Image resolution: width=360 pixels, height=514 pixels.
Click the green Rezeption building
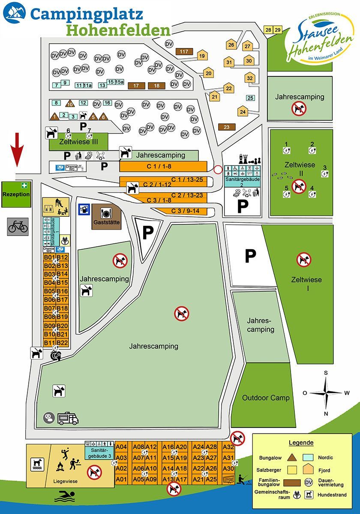[x=16, y=194]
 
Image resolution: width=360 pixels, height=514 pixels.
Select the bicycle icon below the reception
[x=18, y=226]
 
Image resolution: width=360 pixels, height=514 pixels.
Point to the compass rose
[x=325, y=392]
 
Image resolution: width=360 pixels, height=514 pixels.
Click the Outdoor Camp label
[x=266, y=397]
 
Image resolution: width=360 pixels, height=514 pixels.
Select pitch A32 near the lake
[x=228, y=447]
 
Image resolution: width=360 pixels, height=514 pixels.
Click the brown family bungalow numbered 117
[x=184, y=51]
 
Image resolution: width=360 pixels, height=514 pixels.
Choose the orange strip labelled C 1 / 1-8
[x=163, y=166]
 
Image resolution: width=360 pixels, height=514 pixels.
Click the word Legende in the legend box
[x=301, y=442]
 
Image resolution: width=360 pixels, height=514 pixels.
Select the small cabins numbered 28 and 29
[x=273, y=30]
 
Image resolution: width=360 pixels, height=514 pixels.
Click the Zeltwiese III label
[x=79, y=142]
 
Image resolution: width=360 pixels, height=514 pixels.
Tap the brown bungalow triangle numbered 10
[x=70, y=104]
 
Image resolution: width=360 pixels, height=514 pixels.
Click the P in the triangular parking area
[x=147, y=233]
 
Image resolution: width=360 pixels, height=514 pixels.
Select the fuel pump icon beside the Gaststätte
[x=84, y=209]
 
